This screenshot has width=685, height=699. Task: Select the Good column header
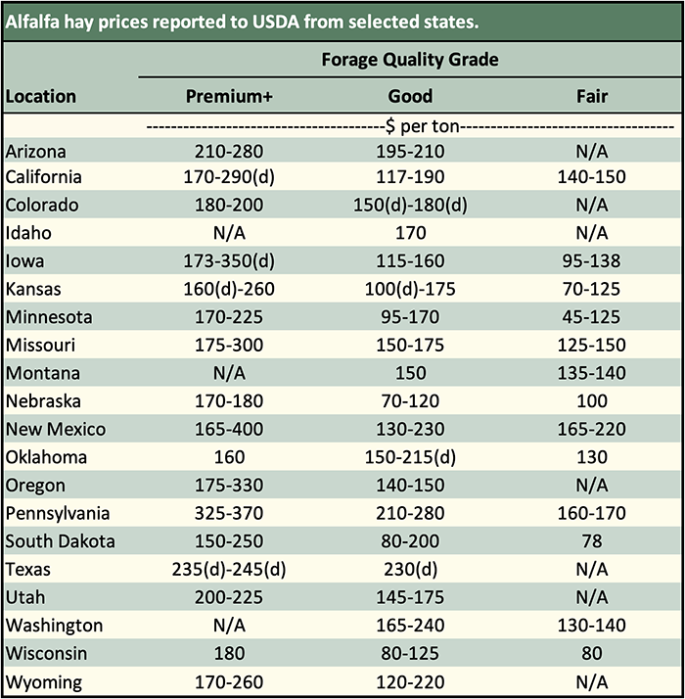(409, 96)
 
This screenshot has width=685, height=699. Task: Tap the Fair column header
(592, 96)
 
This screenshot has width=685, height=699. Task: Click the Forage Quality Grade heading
(409, 60)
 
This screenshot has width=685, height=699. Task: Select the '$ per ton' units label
(409, 126)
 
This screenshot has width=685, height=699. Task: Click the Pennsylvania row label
(57, 513)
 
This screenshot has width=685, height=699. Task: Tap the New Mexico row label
(55, 429)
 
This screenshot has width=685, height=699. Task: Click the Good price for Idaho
(409, 233)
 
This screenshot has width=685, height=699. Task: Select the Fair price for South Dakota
(592, 541)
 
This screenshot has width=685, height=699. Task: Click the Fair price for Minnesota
(592, 317)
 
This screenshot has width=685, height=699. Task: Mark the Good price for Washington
(409, 625)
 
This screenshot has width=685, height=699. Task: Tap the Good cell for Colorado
(409, 206)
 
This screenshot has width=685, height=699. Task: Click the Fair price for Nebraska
(592, 401)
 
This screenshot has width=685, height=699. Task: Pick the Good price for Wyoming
(409, 681)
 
